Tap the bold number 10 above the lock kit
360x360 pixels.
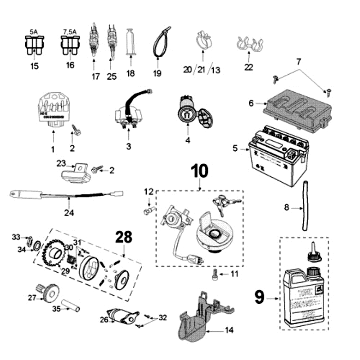coord(200,171)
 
